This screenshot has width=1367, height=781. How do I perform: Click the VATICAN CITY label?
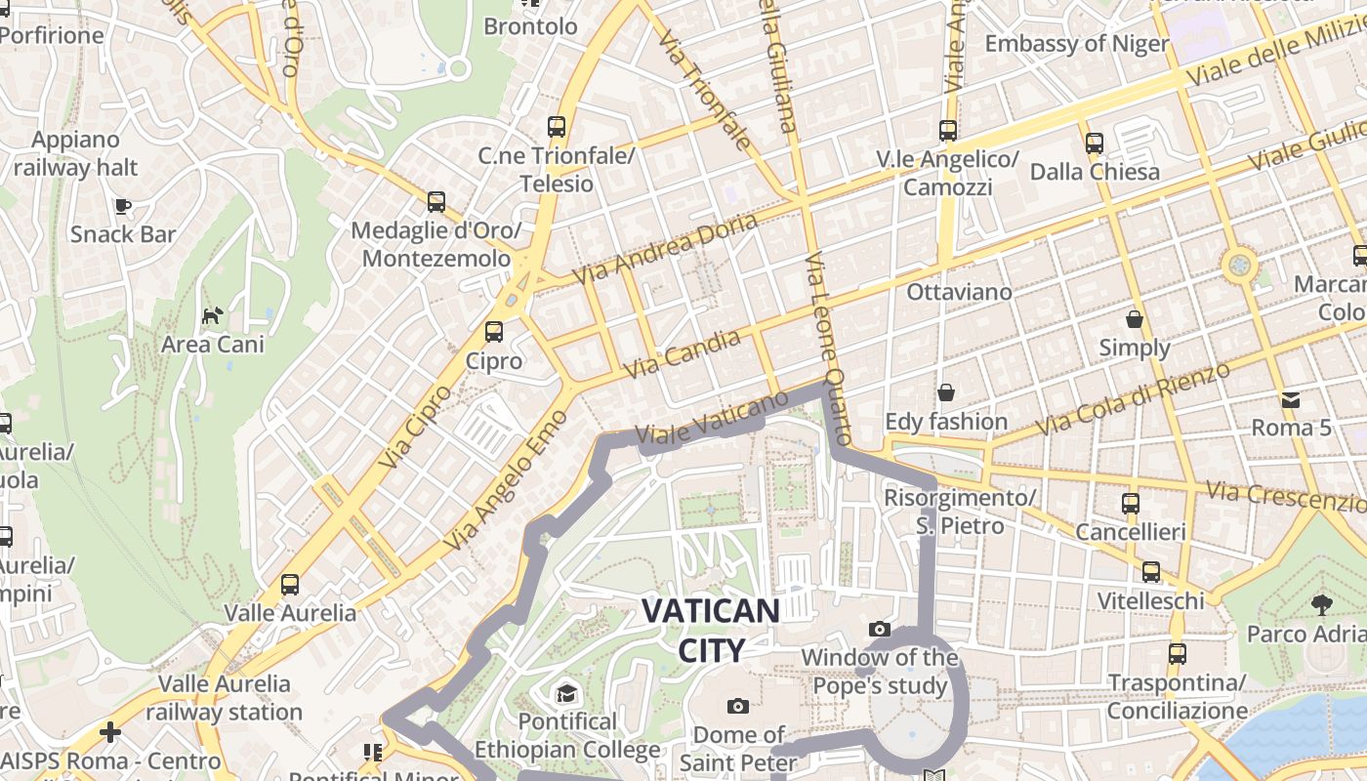(x=710, y=631)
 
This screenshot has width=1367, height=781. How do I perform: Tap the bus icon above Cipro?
(x=494, y=332)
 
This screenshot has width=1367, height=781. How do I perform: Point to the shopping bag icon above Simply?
(x=1135, y=319)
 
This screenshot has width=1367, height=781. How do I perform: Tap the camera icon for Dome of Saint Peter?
(x=738, y=706)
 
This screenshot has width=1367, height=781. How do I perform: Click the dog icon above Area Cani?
(x=212, y=315)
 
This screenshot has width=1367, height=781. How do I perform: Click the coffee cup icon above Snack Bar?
(x=122, y=205)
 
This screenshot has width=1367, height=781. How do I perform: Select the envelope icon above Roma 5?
(x=1291, y=399)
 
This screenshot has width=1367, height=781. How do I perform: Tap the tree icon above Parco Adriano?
(x=1322, y=604)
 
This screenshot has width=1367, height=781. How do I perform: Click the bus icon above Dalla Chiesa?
(x=1095, y=143)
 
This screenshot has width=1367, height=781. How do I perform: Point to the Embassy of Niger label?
(x=1076, y=44)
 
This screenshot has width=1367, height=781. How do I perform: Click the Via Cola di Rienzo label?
(x=1133, y=400)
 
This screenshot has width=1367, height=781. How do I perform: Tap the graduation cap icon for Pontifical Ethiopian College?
(x=566, y=693)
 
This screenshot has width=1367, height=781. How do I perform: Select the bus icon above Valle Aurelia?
(x=290, y=585)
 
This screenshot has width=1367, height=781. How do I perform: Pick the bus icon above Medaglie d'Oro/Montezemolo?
(x=436, y=202)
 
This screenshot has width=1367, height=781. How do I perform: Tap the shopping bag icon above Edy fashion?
(x=945, y=392)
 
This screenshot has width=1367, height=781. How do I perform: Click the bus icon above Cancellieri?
(x=1131, y=504)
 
